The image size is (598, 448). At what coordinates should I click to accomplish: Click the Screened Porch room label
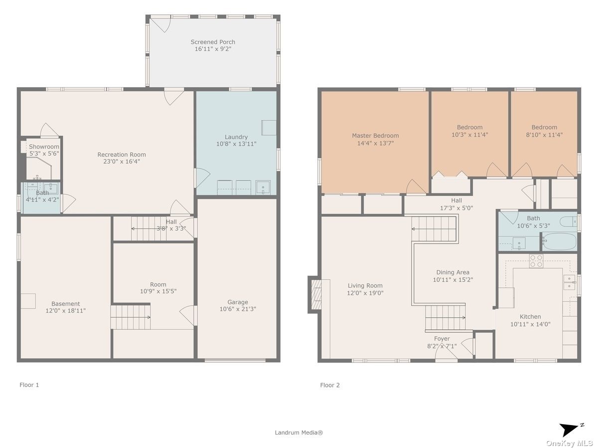tap(213, 42)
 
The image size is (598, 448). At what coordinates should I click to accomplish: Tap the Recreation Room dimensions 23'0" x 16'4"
tap(122, 161)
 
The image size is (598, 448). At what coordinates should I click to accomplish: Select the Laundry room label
tap(236, 137)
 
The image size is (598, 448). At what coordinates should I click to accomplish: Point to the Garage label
tap(238, 302)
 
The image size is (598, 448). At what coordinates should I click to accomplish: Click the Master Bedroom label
tap(375, 135)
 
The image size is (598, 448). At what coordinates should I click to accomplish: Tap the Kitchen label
tap(530, 317)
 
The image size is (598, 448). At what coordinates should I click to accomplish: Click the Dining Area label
tap(453, 272)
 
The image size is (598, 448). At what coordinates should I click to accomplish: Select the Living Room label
tap(365, 286)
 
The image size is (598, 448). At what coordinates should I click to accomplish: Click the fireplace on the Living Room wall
tap(315, 295)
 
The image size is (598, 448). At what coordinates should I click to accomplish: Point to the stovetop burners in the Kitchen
tap(536, 261)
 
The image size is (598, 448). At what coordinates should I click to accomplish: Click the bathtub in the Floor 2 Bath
tap(560, 241)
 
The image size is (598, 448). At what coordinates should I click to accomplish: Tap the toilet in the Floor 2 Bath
tap(569, 222)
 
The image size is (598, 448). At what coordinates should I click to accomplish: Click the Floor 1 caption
tap(29, 385)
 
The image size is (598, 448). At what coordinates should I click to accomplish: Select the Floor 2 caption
tap(330, 385)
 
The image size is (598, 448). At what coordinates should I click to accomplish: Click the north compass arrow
tap(570, 429)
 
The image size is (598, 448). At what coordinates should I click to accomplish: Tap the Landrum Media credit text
tap(299, 433)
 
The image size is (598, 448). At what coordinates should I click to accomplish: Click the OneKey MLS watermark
tap(569, 444)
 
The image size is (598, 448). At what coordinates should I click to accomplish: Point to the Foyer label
tap(442, 338)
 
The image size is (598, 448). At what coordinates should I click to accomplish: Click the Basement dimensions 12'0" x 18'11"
tap(66, 310)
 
